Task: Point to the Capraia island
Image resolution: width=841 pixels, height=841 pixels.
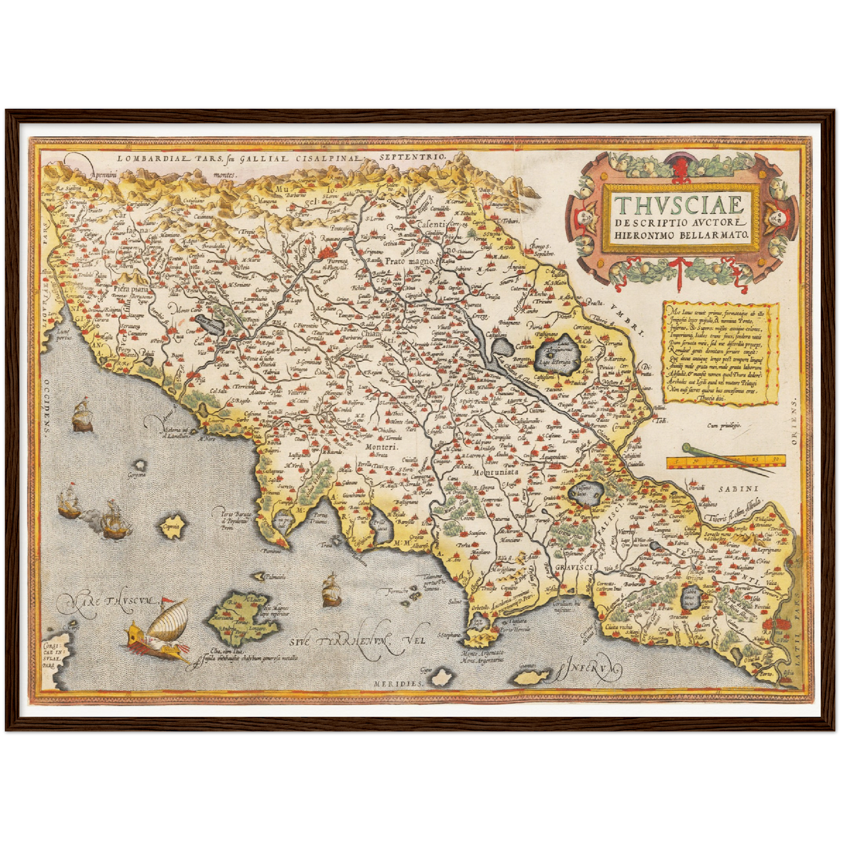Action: click(171, 526)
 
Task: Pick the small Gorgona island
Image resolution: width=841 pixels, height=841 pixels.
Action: click(140, 466)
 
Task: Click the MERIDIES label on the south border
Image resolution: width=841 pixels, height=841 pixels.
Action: click(396, 682)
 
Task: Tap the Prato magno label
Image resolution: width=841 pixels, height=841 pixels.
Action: click(409, 262)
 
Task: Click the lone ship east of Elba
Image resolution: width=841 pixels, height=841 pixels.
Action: click(331, 589)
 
